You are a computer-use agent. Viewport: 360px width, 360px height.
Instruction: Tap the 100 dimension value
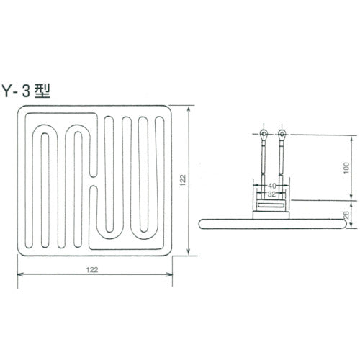click(x=346, y=167)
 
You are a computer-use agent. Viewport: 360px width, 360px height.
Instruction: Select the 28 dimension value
click(x=346, y=215)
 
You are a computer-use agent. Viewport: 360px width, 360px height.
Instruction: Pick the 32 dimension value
click(x=271, y=194)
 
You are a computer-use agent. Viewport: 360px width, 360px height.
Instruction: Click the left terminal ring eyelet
click(x=264, y=134)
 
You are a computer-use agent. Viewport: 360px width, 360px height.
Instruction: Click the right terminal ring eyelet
click(x=281, y=134)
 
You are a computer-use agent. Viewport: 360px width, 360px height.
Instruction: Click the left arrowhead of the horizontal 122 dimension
click(x=19, y=274)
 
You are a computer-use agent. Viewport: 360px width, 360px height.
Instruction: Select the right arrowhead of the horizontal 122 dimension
click(x=171, y=274)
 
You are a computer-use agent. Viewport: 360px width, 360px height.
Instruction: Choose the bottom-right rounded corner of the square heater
click(x=170, y=250)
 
